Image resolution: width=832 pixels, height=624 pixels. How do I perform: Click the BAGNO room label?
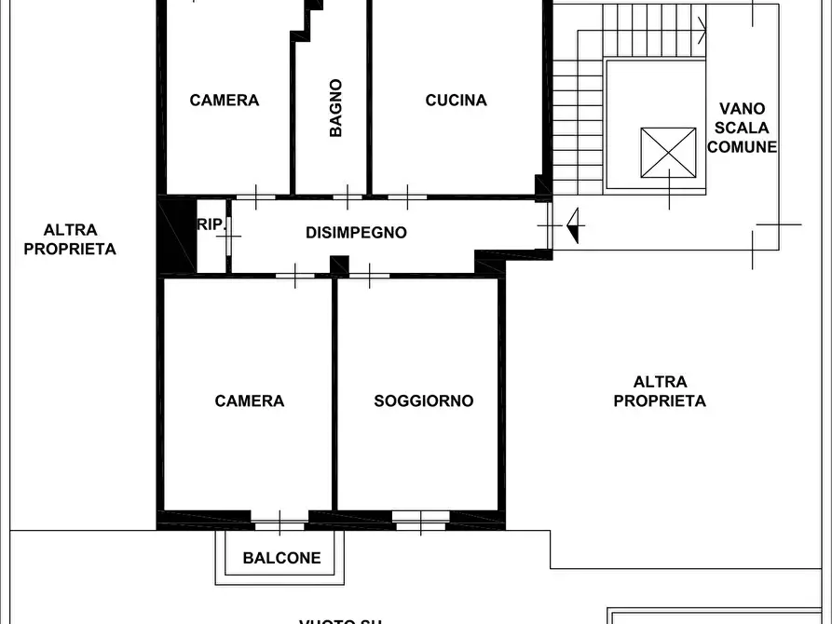[335, 108]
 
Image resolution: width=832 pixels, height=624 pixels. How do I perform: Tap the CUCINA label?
[456, 101]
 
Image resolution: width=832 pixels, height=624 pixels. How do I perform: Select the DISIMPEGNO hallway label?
[356, 233]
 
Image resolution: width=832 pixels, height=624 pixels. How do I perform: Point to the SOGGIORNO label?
[424, 401]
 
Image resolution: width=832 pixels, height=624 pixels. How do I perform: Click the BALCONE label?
[281, 559]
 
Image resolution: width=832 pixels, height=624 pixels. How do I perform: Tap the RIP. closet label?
[211, 224]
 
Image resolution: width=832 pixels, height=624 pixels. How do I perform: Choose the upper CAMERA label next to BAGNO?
[225, 101]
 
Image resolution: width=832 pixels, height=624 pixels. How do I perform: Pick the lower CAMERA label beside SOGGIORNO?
[250, 401]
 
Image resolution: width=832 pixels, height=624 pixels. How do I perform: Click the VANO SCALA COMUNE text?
[742, 128]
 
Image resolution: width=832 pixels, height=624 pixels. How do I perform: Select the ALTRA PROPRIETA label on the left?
[70, 239]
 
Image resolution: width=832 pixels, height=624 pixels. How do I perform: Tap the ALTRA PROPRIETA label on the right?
[660, 391]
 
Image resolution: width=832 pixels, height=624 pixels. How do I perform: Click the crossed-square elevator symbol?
[668, 152]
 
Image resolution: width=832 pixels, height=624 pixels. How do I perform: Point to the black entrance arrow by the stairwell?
[573, 224]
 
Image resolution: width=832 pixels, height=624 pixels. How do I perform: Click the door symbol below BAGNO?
[347, 197]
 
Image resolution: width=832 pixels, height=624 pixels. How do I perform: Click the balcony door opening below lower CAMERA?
[280, 521]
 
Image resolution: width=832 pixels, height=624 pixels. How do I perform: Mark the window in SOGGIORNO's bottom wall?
[420, 521]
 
